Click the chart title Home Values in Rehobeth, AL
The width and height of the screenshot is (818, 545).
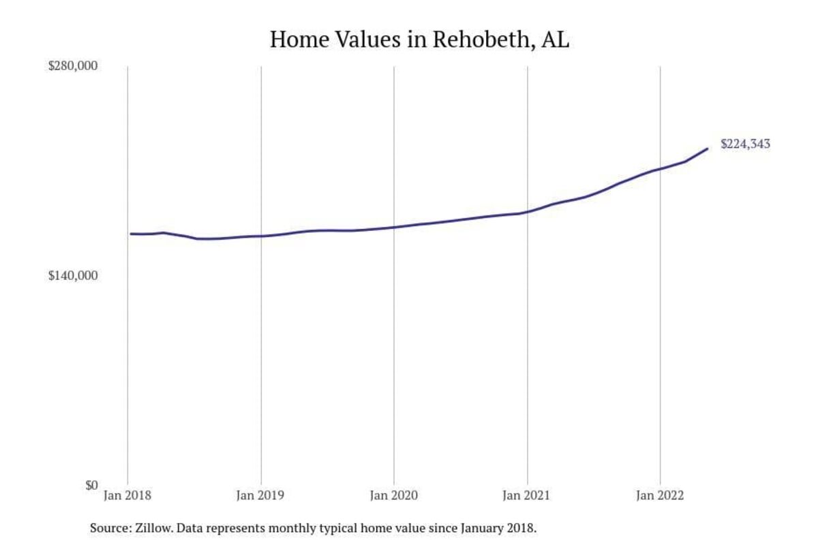[x=419, y=40]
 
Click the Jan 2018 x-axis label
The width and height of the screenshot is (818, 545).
[x=127, y=497]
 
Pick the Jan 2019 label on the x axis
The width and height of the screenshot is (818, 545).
[x=261, y=497]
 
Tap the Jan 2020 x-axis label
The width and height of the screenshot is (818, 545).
[x=394, y=497]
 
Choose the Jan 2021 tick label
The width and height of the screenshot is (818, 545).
[x=527, y=497]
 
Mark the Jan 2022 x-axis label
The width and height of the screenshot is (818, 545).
[x=660, y=497]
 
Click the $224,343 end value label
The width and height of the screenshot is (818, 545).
[x=745, y=144]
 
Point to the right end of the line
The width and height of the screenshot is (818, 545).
[x=707, y=149]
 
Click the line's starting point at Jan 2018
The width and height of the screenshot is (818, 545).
[x=130, y=234]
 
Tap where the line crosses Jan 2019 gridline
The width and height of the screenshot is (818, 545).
[x=261, y=236]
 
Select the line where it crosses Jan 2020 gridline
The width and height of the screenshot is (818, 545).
[x=394, y=227]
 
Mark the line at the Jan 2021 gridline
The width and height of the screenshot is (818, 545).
[x=527, y=213]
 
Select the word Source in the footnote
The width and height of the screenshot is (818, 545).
[x=106, y=528]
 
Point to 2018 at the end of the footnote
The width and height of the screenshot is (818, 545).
[x=522, y=528]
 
